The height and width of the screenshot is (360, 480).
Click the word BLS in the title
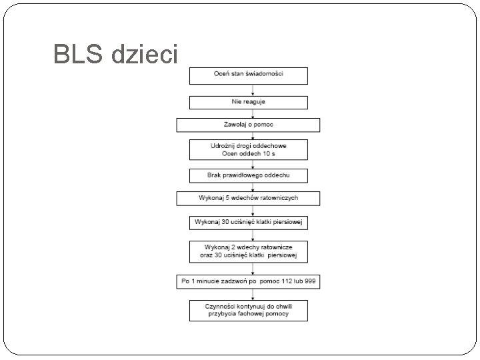79,54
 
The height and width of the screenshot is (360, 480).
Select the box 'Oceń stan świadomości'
249,75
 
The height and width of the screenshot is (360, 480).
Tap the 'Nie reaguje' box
249,102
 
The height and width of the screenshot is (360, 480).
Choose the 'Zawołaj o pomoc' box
249,125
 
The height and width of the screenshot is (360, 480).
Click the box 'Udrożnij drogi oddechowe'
249,149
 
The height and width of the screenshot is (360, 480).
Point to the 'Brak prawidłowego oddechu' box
249,175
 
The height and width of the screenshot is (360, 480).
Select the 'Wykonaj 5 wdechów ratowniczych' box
249,199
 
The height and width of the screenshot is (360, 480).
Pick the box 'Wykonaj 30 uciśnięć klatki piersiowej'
249,222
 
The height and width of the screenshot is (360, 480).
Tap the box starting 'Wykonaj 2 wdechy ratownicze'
249,251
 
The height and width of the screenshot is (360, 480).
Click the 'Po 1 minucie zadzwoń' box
249,281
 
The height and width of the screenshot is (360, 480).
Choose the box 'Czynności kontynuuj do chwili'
249,310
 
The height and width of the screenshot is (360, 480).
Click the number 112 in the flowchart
285,281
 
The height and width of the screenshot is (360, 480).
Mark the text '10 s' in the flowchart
269,154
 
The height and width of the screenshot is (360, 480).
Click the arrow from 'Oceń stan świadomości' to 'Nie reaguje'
249,89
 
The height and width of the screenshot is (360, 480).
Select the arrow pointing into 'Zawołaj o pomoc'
249,114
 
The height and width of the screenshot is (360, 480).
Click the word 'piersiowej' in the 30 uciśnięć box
289,222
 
